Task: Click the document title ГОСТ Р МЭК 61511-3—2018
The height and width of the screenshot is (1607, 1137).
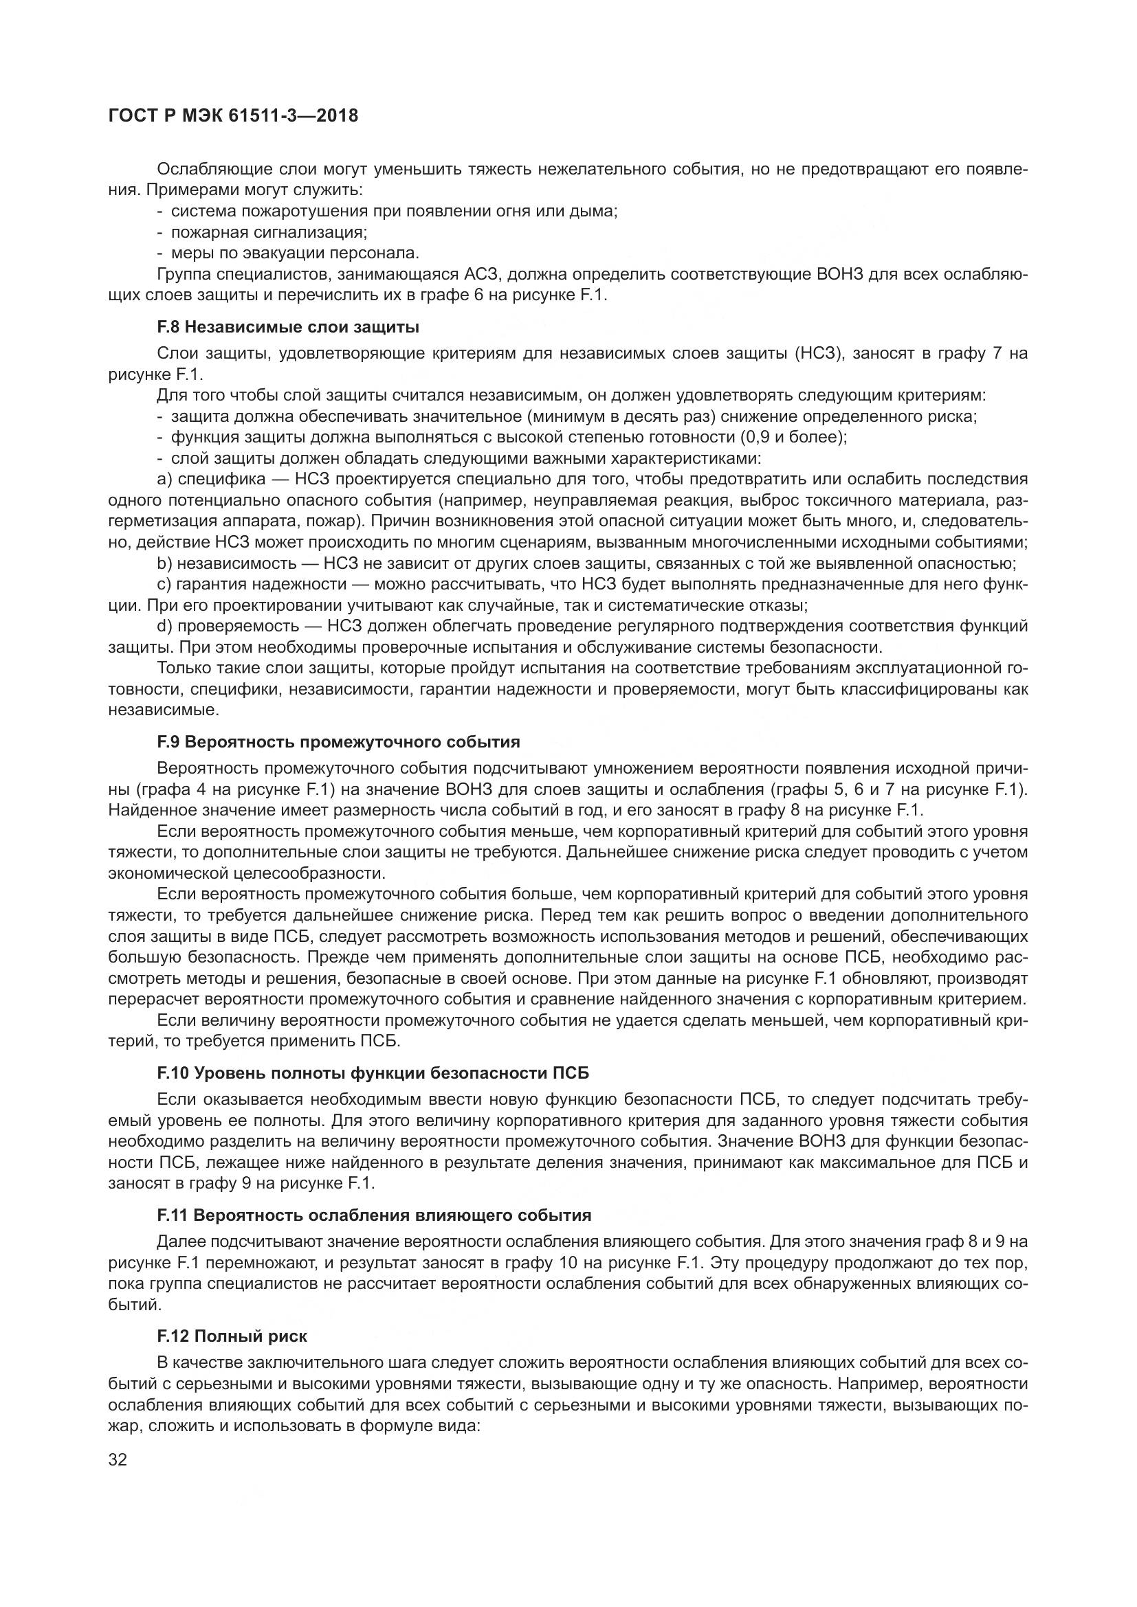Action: pos(233,115)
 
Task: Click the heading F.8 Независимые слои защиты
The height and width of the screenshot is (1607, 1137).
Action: pos(289,327)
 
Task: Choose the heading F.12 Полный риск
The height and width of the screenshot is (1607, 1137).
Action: pos(232,1336)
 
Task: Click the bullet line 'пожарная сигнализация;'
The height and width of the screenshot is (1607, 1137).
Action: pos(269,232)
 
